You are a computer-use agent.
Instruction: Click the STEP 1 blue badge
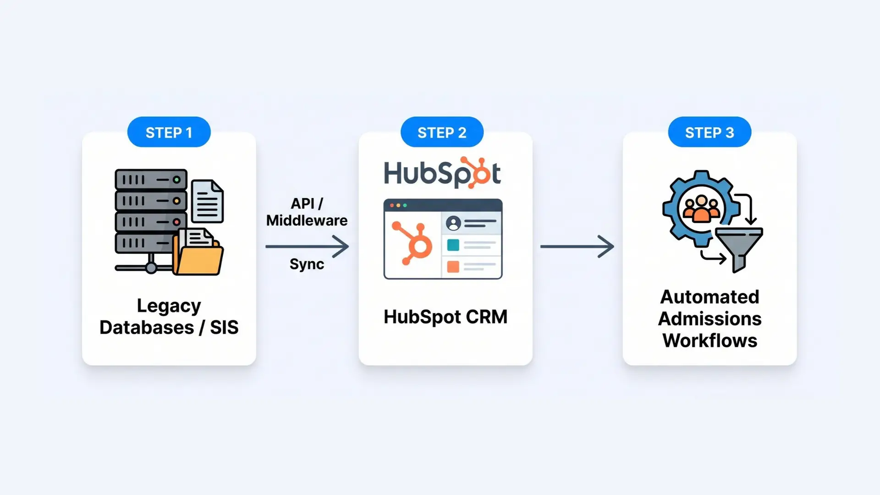[169, 132]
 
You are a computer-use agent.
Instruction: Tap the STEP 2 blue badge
[442, 132]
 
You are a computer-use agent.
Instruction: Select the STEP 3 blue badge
[709, 132]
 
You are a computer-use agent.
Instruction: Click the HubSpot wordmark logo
[442, 173]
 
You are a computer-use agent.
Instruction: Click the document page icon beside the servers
[208, 201]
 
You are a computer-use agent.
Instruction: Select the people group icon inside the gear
[701, 209]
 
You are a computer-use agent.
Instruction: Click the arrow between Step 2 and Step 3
[577, 247]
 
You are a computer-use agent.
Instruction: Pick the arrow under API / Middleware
[307, 247]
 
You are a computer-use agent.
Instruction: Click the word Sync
[307, 264]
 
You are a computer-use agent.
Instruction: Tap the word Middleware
[307, 220]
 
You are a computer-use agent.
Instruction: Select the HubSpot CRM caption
[445, 317]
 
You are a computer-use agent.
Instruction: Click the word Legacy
[169, 306]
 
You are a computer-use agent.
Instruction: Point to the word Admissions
[709, 319]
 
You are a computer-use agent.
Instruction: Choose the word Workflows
[709, 341]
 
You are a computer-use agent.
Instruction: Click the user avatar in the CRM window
[453, 223]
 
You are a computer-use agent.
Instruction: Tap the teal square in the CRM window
[453, 245]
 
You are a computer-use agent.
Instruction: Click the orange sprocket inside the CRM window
[413, 243]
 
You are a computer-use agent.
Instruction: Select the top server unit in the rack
[151, 180]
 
